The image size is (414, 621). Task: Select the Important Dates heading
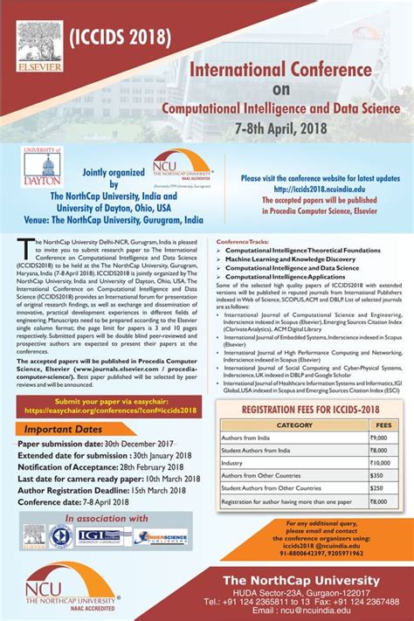pos(63,430)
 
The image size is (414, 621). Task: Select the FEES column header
pos(383,425)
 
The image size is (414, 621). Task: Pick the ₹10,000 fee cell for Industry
pos(380,462)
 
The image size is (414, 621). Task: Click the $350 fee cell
pos(377,476)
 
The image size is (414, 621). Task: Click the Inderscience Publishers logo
pos(160,537)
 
